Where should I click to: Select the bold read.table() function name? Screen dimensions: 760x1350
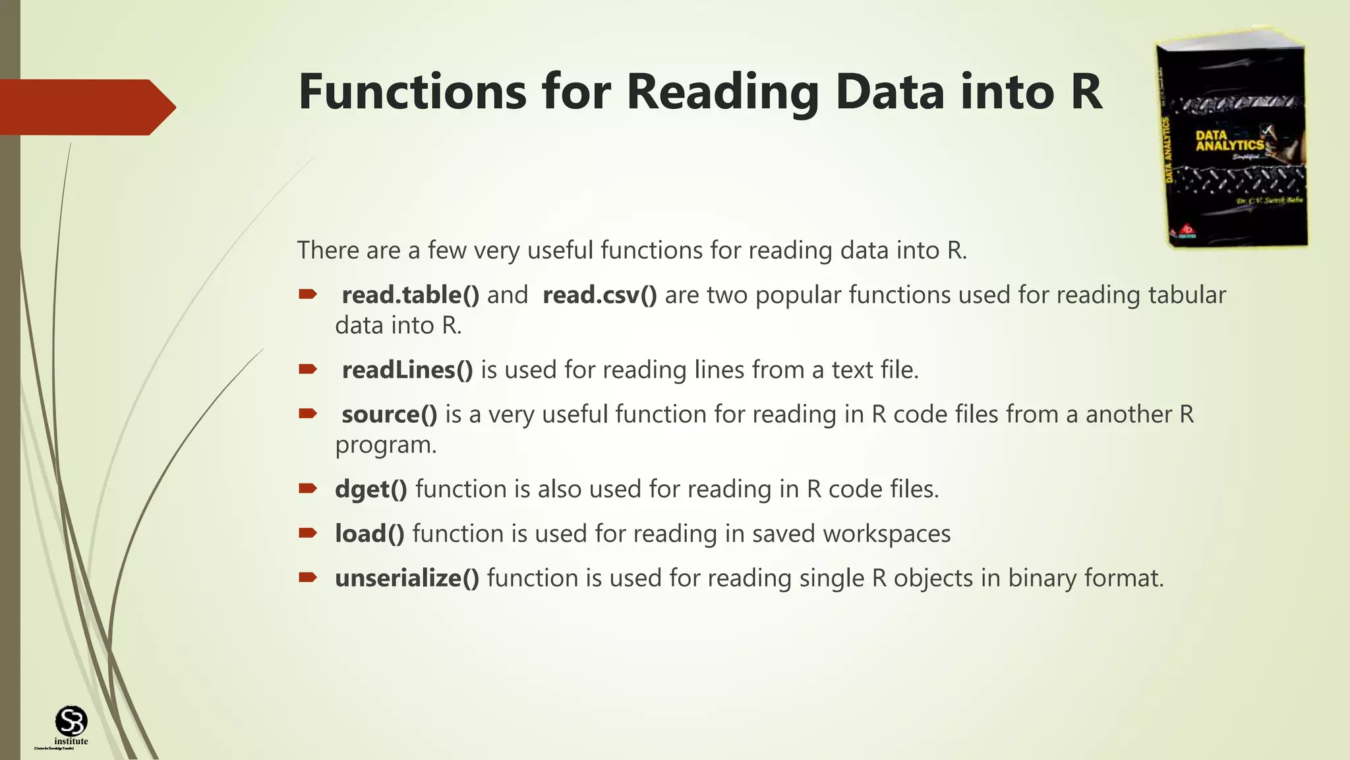410,295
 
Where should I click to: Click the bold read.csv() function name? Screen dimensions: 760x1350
599,295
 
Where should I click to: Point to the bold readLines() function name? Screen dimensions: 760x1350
407,370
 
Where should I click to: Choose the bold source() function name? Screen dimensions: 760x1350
389,414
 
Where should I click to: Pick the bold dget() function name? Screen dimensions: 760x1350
370,490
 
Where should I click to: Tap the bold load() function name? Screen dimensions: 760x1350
369,534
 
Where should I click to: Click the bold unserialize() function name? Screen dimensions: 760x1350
407,578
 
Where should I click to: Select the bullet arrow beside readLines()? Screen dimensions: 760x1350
308,369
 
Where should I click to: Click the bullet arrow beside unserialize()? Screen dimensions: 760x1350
308,577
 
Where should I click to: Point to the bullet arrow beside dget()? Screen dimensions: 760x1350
308,488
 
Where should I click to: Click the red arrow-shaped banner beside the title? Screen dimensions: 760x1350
86,107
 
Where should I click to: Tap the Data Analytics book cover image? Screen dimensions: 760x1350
1232,139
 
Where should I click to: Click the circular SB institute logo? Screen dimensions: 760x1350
71,721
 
